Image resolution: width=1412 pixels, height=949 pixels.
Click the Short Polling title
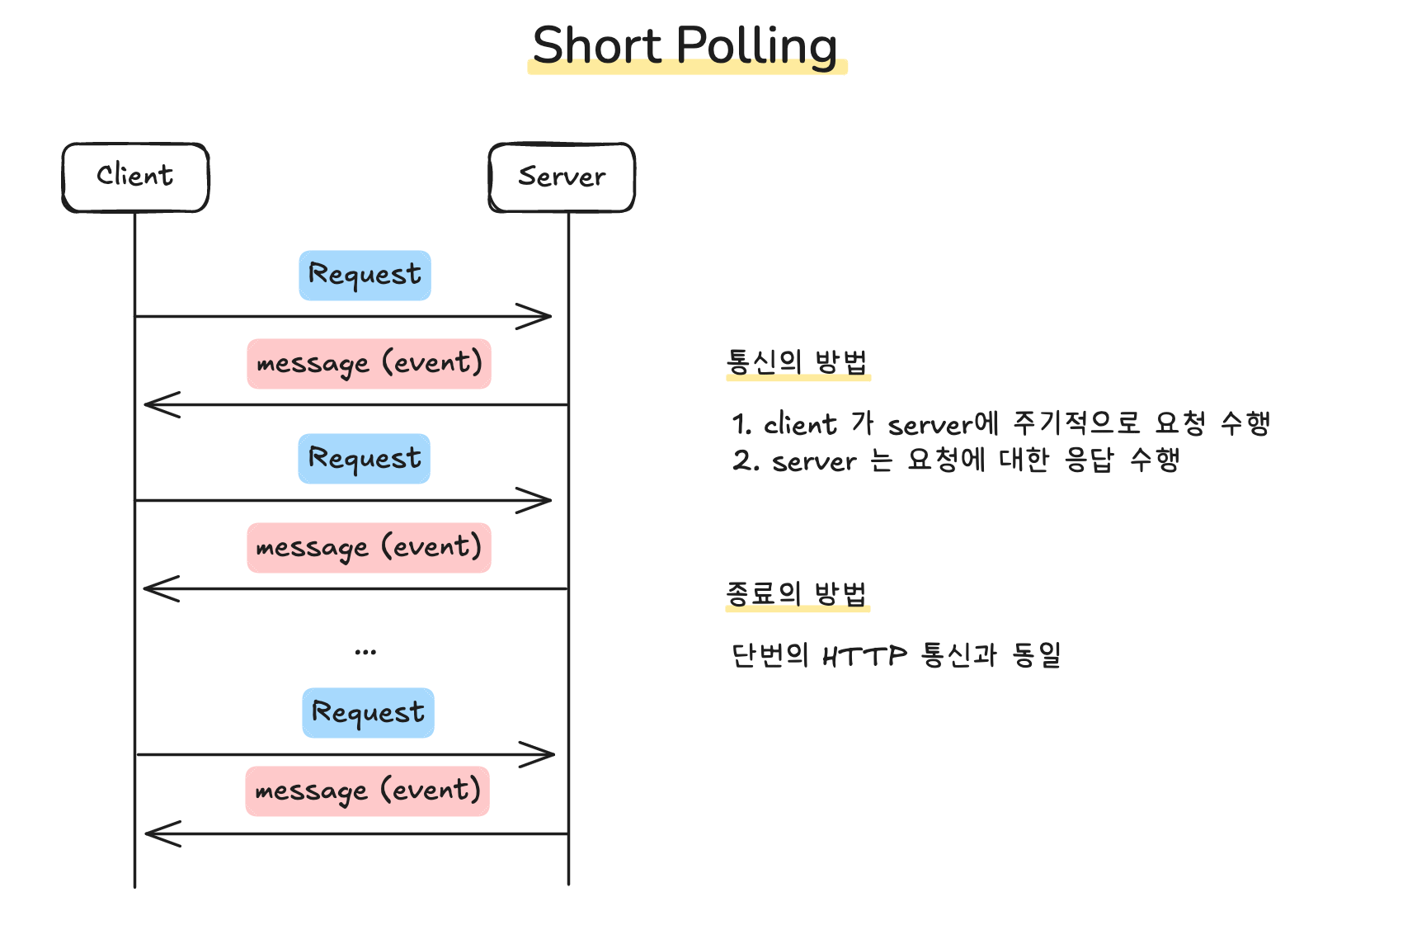(685, 45)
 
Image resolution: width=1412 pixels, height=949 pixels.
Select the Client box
(135, 177)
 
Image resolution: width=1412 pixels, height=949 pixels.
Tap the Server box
(562, 177)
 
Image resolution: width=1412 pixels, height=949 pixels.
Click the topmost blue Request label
(365, 276)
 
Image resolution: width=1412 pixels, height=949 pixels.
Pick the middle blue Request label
(365, 459)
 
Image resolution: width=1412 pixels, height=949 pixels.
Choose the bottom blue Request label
(368, 712)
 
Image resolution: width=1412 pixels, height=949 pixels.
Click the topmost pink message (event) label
(369, 364)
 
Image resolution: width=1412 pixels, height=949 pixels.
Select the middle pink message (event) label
(369, 547)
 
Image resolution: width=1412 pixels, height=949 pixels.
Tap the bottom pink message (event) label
(368, 791)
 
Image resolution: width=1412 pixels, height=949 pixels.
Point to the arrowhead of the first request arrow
(550, 316)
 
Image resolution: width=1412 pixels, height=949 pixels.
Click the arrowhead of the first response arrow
(146, 404)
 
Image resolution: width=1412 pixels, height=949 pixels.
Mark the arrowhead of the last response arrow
(146, 833)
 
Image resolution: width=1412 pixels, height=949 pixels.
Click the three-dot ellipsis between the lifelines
(365, 652)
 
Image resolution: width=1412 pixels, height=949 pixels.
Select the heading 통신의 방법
(798, 362)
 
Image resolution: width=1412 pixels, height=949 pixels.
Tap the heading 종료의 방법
(797, 593)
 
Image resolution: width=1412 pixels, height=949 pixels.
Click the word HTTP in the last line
(865, 656)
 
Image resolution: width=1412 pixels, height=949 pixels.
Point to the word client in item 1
(800, 423)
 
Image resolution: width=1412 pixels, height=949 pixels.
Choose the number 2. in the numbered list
(746, 460)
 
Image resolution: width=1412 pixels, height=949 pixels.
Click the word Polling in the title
(757, 45)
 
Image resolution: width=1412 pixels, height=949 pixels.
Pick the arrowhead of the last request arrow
(553, 754)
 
